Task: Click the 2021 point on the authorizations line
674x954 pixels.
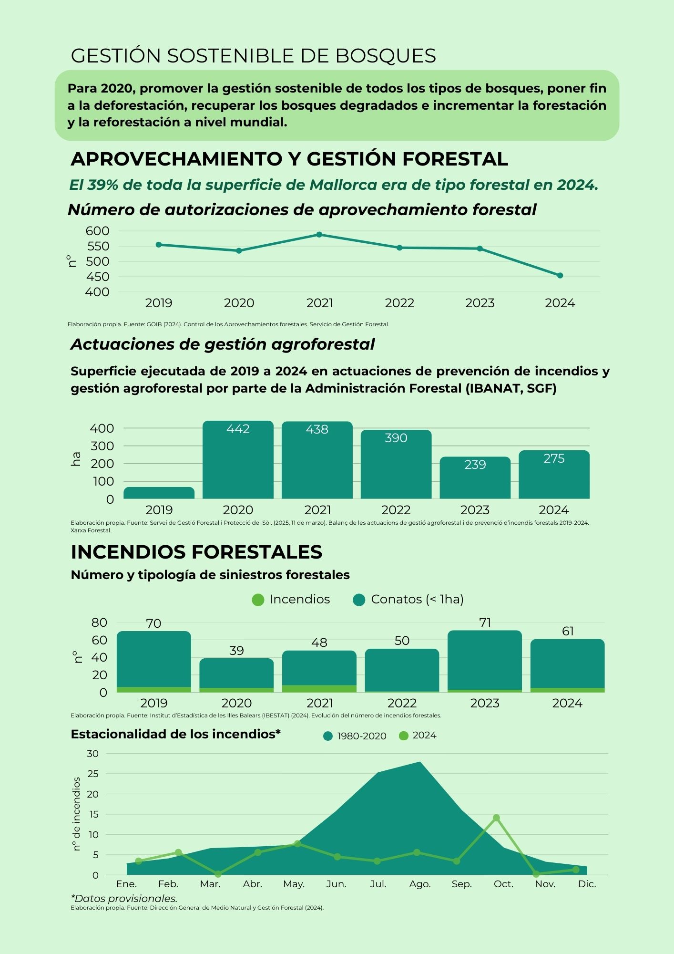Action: pyautogui.click(x=319, y=235)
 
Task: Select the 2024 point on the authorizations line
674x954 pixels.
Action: pyautogui.click(x=560, y=276)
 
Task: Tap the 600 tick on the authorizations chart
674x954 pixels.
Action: pyautogui.click(x=98, y=231)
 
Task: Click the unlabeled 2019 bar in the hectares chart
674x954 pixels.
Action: pyautogui.click(x=159, y=493)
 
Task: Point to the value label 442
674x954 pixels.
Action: pyautogui.click(x=238, y=429)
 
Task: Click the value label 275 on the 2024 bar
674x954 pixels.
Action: pyautogui.click(x=554, y=458)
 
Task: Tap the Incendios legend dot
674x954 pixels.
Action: pyautogui.click(x=258, y=600)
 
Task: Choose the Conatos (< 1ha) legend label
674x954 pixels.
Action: pyautogui.click(x=417, y=599)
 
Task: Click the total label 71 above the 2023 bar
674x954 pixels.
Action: pyautogui.click(x=485, y=622)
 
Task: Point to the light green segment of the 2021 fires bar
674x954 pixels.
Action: pyautogui.click(x=319, y=688)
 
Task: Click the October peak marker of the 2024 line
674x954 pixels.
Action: pyautogui.click(x=496, y=818)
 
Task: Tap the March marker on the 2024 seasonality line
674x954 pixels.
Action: pyautogui.click(x=218, y=874)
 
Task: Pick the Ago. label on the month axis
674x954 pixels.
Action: pyautogui.click(x=420, y=884)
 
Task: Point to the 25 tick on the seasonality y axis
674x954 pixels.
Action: pyautogui.click(x=93, y=774)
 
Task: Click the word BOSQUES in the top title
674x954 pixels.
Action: pyautogui.click(x=386, y=56)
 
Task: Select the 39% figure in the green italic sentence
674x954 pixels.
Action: pyautogui.click(x=102, y=185)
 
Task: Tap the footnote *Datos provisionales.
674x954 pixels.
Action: pyautogui.click(x=124, y=899)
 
